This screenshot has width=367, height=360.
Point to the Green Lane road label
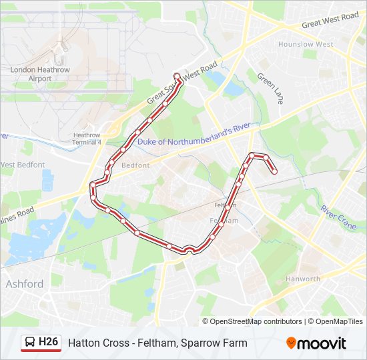click(270, 88)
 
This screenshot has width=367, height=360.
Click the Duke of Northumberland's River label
click(193, 134)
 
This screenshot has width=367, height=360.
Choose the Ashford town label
click(25, 284)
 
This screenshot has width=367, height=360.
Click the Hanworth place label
click(303, 279)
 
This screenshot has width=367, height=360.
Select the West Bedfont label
click(23, 164)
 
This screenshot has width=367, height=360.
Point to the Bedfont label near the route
click(135, 165)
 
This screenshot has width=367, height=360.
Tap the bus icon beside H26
click(30, 343)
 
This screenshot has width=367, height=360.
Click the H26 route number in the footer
click(49, 343)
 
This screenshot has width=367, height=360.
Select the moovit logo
click(316, 343)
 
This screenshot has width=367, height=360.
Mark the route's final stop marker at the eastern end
click(274, 171)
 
